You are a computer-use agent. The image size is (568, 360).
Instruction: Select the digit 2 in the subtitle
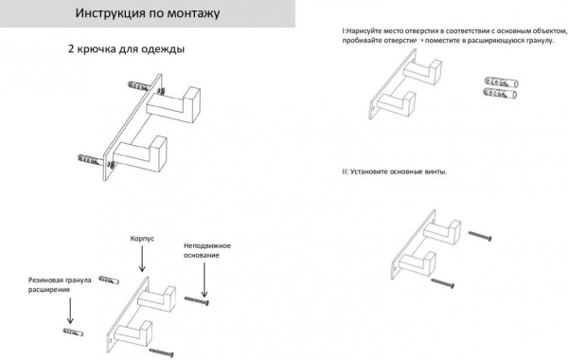click(72, 48)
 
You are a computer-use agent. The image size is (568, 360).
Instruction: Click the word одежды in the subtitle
click(162, 48)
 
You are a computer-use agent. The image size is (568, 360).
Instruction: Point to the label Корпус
click(142, 241)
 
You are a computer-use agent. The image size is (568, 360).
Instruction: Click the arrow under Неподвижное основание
click(203, 278)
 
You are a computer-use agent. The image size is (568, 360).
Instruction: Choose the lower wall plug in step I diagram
click(502, 95)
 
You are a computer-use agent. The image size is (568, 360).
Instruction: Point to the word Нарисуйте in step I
click(366, 32)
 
